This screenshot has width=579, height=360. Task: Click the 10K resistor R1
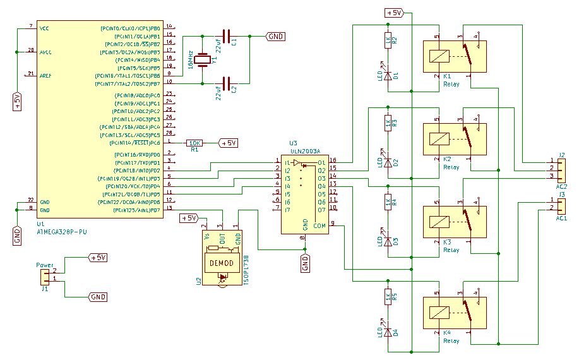click(195, 143)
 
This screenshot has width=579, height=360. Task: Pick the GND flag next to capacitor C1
click(276, 37)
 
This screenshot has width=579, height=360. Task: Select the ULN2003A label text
click(305, 152)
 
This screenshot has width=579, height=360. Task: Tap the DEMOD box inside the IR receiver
click(221, 263)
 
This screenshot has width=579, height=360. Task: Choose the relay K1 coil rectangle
click(439, 56)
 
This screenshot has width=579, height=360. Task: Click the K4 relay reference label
click(447, 333)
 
